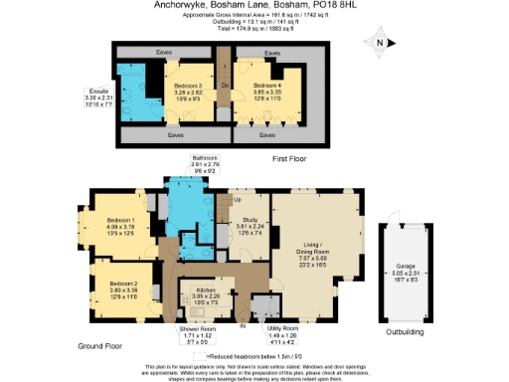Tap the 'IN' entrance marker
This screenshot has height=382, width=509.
pyautogui.click(x=243, y=324)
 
